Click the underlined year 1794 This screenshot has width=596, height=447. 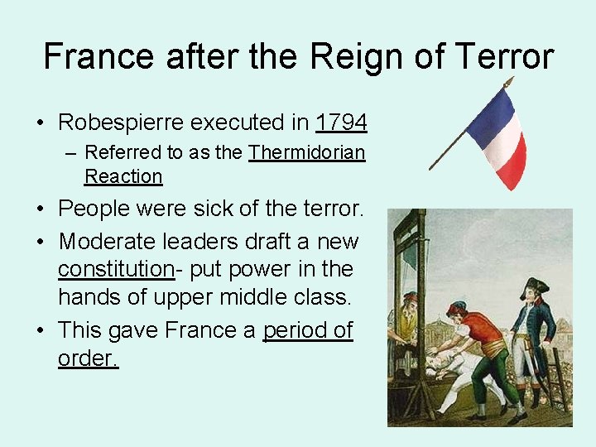341,123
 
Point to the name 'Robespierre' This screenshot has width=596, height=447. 121,123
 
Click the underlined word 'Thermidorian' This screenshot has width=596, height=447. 307,152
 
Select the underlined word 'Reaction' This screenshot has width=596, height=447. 123,176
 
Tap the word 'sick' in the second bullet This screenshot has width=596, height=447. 212,209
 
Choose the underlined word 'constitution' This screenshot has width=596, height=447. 115,270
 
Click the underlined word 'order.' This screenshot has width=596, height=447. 89,358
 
